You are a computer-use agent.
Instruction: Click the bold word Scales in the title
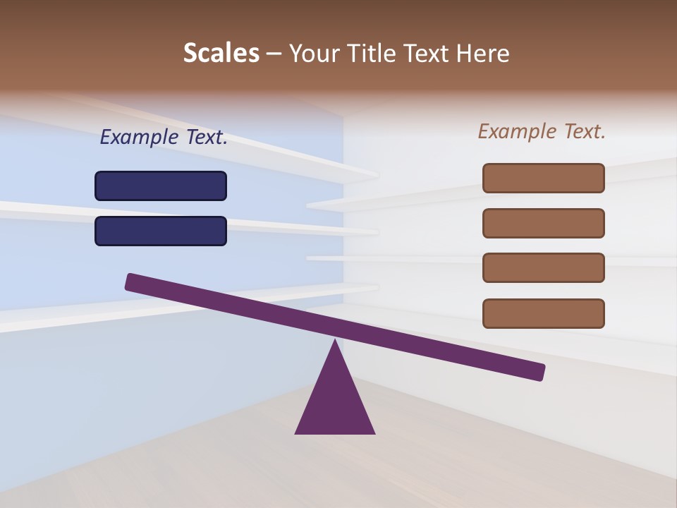click(221, 54)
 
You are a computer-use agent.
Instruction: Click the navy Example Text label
click(164, 138)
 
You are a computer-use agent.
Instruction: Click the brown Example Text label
click(542, 131)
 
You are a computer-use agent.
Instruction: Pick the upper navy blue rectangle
click(161, 186)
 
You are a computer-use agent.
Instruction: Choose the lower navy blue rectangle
click(161, 231)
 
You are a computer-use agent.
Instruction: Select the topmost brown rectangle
click(544, 178)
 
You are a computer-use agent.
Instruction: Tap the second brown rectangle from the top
click(544, 223)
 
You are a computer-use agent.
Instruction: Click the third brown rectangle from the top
click(544, 267)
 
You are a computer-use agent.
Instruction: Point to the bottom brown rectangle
click(544, 313)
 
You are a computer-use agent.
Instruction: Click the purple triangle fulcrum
click(335, 402)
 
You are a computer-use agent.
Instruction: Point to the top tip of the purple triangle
click(335, 341)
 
